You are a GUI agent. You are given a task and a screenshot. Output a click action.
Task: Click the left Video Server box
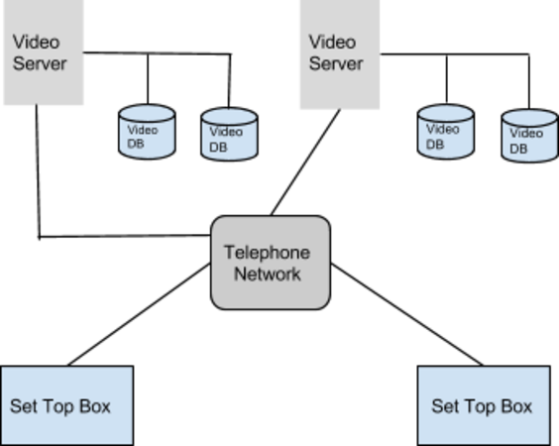(x=44, y=53)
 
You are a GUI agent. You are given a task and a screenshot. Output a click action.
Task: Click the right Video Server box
(x=340, y=55)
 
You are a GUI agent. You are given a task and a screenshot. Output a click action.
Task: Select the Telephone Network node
(x=271, y=263)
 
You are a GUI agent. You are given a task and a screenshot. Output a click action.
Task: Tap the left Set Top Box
(x=67, y=405)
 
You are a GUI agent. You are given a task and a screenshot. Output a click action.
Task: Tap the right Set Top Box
(x=484, y=405)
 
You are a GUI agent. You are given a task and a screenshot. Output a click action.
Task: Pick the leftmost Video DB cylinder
(x=147, y=132)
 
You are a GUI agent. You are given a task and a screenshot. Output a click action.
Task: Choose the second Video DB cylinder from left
(x=229, y=135)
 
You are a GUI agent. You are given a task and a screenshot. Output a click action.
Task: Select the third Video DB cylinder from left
(x=446, y=132)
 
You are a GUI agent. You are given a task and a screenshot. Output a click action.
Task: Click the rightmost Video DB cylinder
(x=530, y=136)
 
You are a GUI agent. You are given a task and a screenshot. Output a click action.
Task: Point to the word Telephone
(x=267, y=253)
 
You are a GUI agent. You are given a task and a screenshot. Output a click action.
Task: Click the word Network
(x=268, y=275)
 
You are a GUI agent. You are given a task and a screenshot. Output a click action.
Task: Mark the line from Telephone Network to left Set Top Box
(x=139, y=314)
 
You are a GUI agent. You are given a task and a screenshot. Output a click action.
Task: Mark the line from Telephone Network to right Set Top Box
(x=407, y=314)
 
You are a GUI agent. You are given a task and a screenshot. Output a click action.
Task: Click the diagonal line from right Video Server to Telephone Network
(x=305, y=163)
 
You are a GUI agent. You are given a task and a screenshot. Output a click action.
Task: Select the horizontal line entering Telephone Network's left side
(x=125, y=236)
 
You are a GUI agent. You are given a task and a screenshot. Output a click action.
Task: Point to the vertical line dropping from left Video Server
(x=38, y=171)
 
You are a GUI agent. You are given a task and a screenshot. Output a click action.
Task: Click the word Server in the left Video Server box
(x=40, y=63)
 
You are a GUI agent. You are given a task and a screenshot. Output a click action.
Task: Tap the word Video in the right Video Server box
(x=332, y=42)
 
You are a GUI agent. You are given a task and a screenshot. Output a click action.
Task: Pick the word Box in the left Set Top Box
(x=95, y=406)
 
